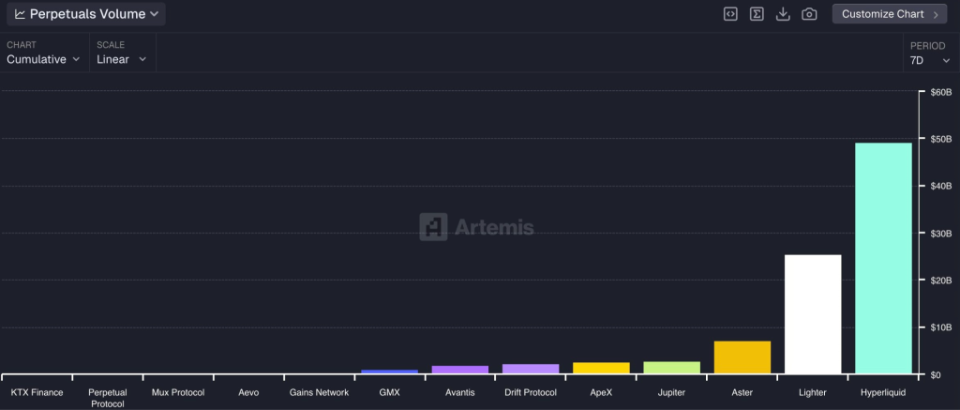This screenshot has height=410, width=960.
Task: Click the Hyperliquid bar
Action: tap(883, 258)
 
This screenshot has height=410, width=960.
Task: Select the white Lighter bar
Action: tap(813, 314)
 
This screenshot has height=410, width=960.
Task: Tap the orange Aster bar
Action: tap(742, 357)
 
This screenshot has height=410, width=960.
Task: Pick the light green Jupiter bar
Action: tap(671, 368)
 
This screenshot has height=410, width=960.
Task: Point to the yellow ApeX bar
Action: tap(601, 368)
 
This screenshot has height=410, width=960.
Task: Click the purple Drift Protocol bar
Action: tap(531, 369)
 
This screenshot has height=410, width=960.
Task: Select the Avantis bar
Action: tap(460, 370)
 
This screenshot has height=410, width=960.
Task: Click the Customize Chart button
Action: tap(890, 14)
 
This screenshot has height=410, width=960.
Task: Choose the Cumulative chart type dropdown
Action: tap(43, 59)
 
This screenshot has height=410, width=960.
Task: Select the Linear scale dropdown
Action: tap(122, 59)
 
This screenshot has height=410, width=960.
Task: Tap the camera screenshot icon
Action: tap(809, 14)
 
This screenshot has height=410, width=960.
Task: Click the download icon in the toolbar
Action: tap(783, 14)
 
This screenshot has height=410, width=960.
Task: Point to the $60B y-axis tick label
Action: tap(940, 92)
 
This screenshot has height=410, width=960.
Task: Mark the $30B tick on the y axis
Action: tap(940, 233)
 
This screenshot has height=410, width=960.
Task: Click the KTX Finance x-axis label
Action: tap(37, 392)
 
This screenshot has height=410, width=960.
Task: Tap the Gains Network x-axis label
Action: tap(319, 392)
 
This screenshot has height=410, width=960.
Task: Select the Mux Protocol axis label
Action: tap(178, 392)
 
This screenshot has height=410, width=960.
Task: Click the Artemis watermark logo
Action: tap(477, 227)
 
